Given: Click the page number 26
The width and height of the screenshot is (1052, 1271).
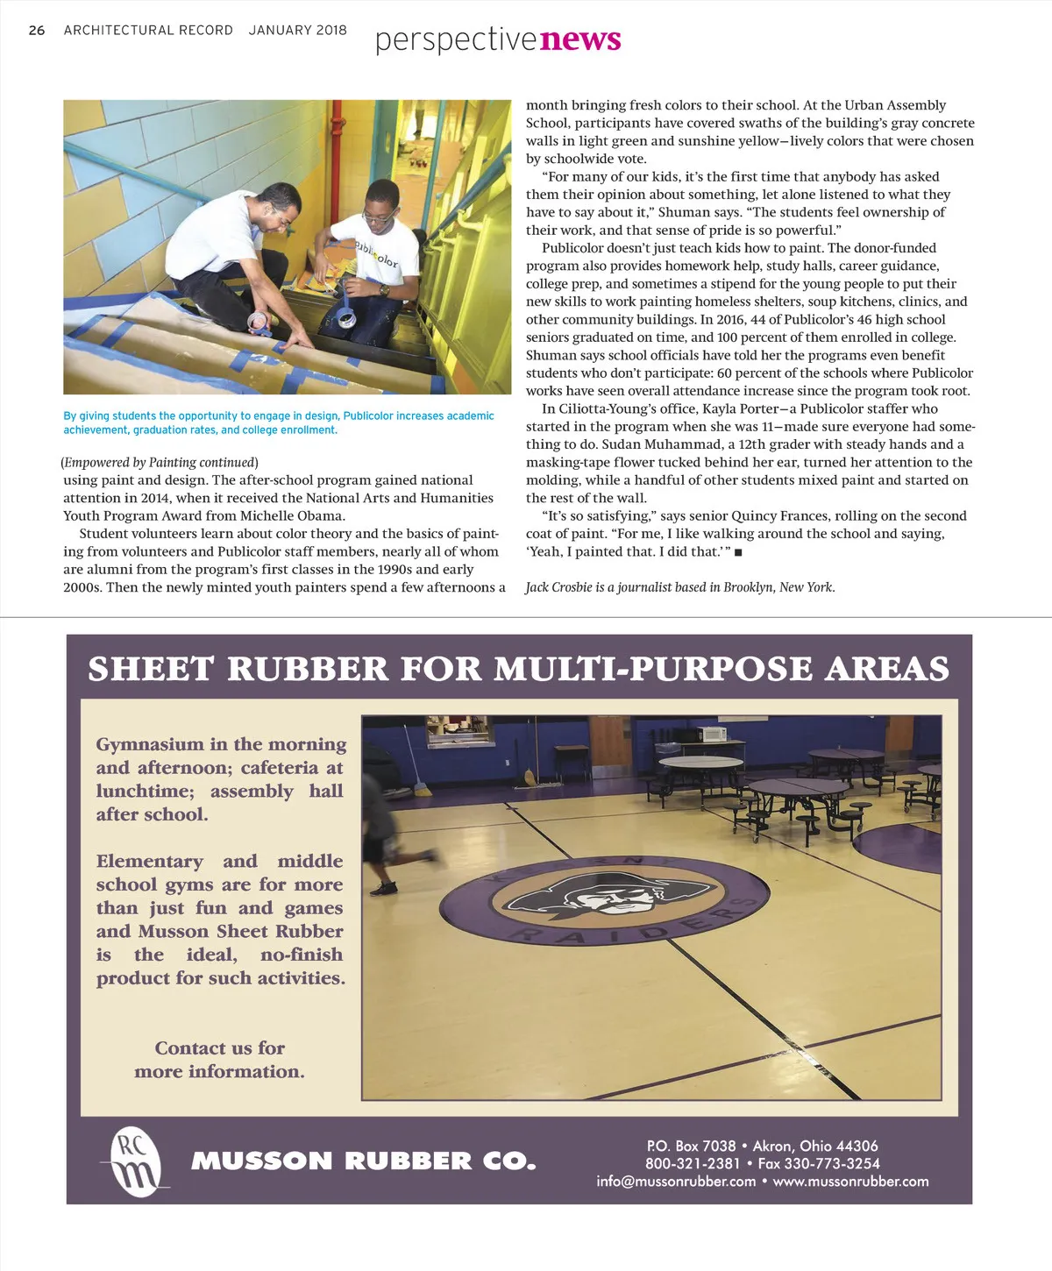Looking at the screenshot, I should point(36,30).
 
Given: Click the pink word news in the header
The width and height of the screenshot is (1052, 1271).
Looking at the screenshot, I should point(581,39).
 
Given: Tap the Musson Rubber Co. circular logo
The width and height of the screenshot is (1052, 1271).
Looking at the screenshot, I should point(135,1161).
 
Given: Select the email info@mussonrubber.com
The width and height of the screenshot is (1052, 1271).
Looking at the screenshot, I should point(676,1181).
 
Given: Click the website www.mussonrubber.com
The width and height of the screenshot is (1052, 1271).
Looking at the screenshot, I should point(850,1181).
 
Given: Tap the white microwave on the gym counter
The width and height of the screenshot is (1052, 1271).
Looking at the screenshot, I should point(711,734).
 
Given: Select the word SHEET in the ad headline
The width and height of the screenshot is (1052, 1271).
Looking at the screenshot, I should point(151,669).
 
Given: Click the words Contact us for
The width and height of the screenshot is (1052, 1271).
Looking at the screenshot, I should point(219,1047).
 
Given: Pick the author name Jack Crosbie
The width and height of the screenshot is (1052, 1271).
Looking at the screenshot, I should point(558,587).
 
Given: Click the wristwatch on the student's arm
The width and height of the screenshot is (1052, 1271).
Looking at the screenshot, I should point(384,288).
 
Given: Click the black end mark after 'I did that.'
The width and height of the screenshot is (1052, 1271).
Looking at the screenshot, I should point(738,552).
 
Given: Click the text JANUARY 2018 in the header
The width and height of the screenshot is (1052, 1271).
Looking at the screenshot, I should point(297,30).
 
